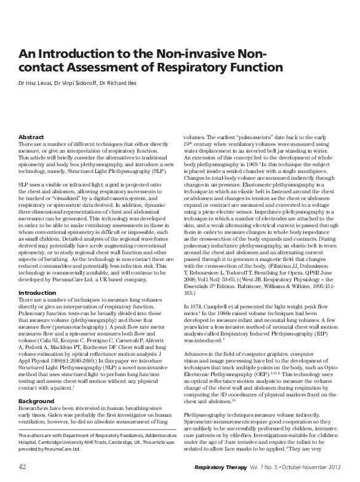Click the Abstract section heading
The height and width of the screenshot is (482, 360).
pyautogui.click(x=31, y=137)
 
